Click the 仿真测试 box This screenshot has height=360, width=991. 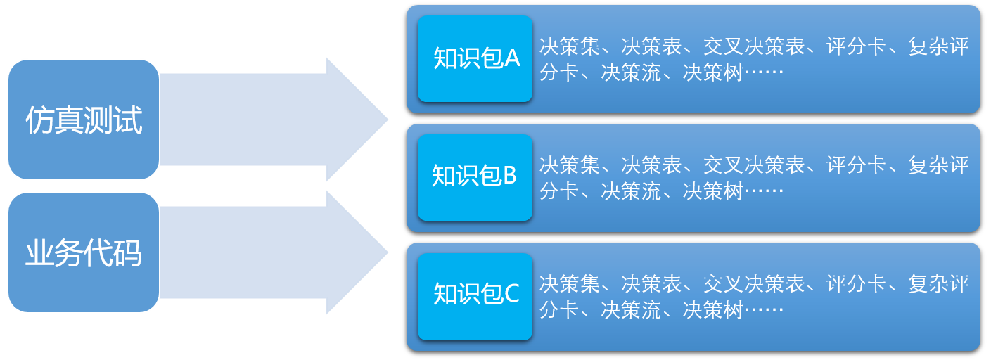[84, 120]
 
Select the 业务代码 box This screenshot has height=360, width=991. [84, 252]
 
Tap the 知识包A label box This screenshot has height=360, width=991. [475, 59]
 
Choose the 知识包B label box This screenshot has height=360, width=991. [475, 177]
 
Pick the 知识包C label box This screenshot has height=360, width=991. [475, 295]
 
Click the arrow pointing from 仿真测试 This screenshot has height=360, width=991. [274, 120]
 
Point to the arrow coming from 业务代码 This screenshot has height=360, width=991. [274, 252]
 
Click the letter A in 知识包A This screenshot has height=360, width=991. [511, 59]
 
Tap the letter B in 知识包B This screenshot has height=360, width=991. [509, 176]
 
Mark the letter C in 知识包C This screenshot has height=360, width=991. [511, 295]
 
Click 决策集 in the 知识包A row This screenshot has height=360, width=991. [570, 47]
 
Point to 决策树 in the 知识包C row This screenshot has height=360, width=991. [713, 310]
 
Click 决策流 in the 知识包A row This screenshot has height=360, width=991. [632, 73]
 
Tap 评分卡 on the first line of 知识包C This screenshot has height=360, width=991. [856, 285]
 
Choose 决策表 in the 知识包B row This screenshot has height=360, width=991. [652, 166]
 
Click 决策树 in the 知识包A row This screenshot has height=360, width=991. [713, 73]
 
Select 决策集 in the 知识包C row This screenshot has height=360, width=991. [570, 285]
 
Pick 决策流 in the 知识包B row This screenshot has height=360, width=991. [632, 191]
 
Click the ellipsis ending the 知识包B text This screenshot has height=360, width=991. [764, 191]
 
